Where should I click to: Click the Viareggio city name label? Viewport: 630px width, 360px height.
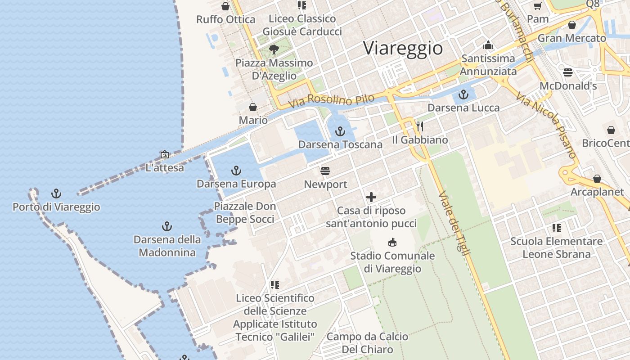(x=403, y=48)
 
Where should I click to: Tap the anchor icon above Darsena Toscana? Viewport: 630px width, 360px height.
(x=340, y=131)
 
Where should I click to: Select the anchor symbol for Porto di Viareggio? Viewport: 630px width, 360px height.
(x=56, y=194)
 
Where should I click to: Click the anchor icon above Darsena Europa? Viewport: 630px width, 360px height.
(x=236, y=171)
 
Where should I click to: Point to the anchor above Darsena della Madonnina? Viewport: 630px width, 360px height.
(x=167, y=226)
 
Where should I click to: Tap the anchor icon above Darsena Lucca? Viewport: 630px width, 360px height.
(x=463, y=94)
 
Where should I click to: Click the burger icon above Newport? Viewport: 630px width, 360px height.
(x=325, y=171)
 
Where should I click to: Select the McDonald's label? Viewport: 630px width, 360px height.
(x=568, y=85)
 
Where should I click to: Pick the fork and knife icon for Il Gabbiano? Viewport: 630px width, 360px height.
(x=420, y=126)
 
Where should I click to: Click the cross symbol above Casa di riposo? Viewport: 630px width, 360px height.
(x=371, y=197)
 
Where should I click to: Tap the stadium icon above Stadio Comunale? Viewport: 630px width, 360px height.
(x=392, y=243)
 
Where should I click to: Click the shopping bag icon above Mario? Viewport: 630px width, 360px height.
(x=253, y=107)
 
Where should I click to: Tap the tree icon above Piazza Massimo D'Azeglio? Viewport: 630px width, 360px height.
(x=274, y=49)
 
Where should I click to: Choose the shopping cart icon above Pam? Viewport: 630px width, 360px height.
(x=537, y=6)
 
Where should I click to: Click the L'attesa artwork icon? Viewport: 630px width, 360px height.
(x=165, y=155)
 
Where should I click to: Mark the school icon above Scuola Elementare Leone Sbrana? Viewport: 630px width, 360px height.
(x=557, y=228)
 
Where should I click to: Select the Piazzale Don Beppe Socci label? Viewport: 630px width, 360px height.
(x=245, y=213)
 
